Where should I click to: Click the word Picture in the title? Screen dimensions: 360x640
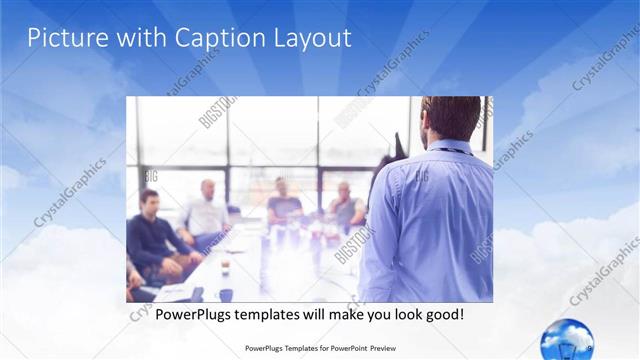[62, 39]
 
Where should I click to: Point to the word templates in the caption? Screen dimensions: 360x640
[281, 314]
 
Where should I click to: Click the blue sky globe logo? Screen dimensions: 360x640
[566, 338]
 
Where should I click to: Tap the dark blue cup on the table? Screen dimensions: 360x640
[226, 294]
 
